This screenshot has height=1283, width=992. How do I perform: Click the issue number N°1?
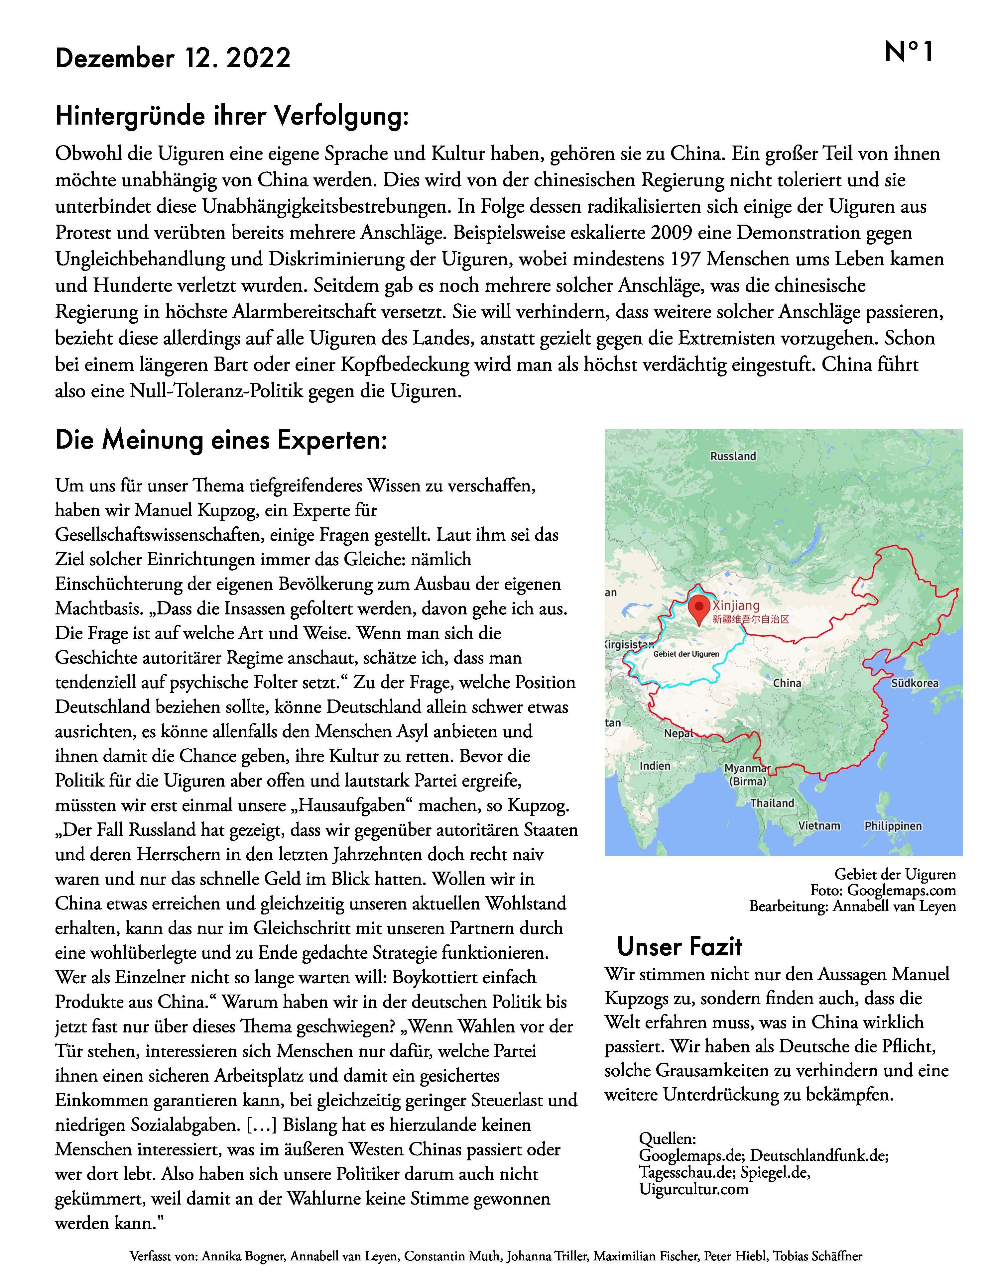coord(909,52)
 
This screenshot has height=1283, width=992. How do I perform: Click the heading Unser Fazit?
coord(680,947)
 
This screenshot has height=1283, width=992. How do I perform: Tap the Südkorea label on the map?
coord(915,683)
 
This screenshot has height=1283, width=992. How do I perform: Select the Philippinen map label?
coord(893,826)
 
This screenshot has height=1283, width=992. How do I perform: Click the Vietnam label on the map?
coord(819,826)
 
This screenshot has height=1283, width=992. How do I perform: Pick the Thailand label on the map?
coord(772,803)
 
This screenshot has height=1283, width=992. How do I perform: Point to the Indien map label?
coord(655,766)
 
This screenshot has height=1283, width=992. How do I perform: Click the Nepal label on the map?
coord(678,734)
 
